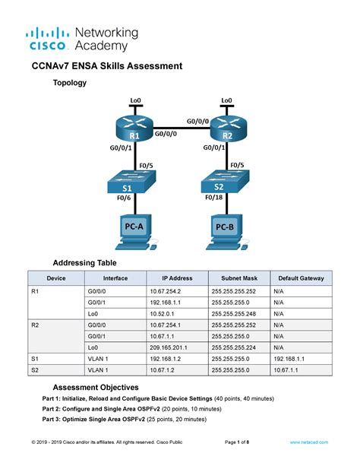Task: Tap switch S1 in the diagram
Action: [x=127, y=182]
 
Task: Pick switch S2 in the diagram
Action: [x=218, y=182]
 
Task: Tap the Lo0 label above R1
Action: [x=136, y=100]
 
